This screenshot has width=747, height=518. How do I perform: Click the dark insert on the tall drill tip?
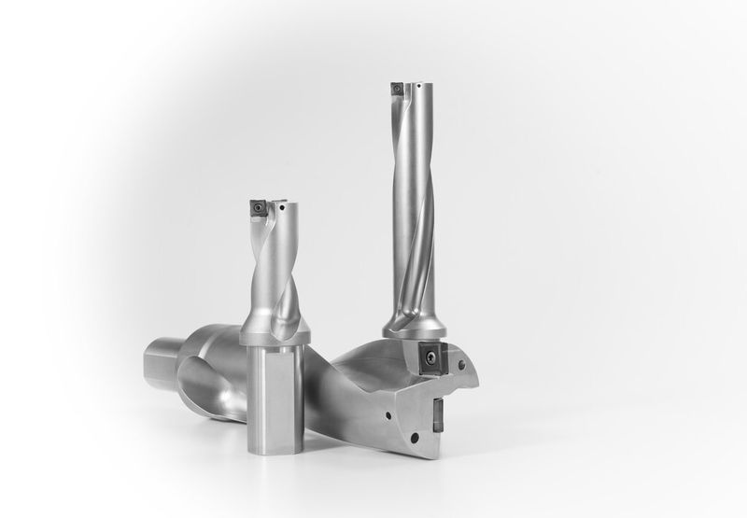click(396, 90)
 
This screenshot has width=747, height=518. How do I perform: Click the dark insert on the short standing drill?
click(256, 206)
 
